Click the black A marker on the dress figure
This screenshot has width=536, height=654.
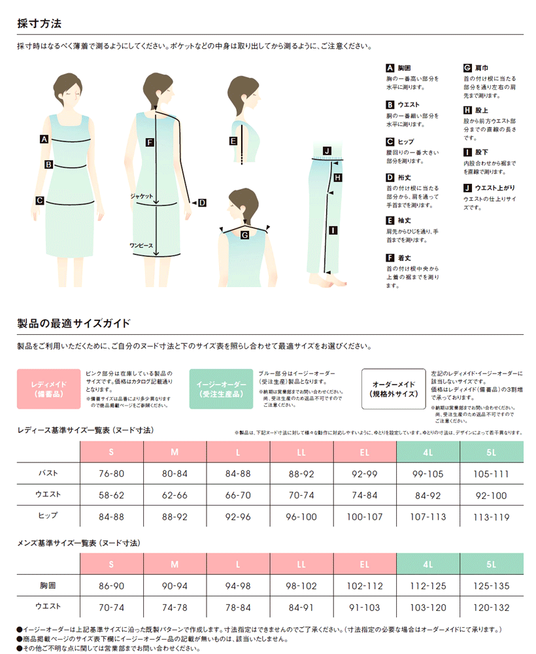(44, 139)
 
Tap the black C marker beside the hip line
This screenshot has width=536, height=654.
(40, 201)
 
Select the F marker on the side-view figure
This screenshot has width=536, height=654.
(150, 143)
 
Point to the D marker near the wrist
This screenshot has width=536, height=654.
(202, 203)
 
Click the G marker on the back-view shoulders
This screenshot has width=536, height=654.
(244, 235)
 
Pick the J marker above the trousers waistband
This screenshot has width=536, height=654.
(327, 150)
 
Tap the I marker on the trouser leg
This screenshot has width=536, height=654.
(333, 230)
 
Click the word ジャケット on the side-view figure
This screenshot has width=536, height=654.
(141, 196)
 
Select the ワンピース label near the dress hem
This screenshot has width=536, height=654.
(141, 246)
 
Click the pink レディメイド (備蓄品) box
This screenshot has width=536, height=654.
(49, 388)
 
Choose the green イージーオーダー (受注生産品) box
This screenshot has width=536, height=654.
(221, 388)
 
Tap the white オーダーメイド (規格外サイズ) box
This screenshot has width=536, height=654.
(394, 388)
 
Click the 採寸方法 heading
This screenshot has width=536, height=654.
(39, 24)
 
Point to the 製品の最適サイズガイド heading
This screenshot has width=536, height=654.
(74, 323)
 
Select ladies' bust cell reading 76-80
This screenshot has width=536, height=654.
(111, 473)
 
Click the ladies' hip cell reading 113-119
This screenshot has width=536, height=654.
(492, 517)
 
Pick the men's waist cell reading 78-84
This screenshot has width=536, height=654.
(238, 608)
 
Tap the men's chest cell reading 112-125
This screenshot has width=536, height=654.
(428, 586)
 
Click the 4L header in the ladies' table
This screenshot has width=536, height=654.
(428, 452)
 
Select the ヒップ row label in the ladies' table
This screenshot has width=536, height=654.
(48, 515)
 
